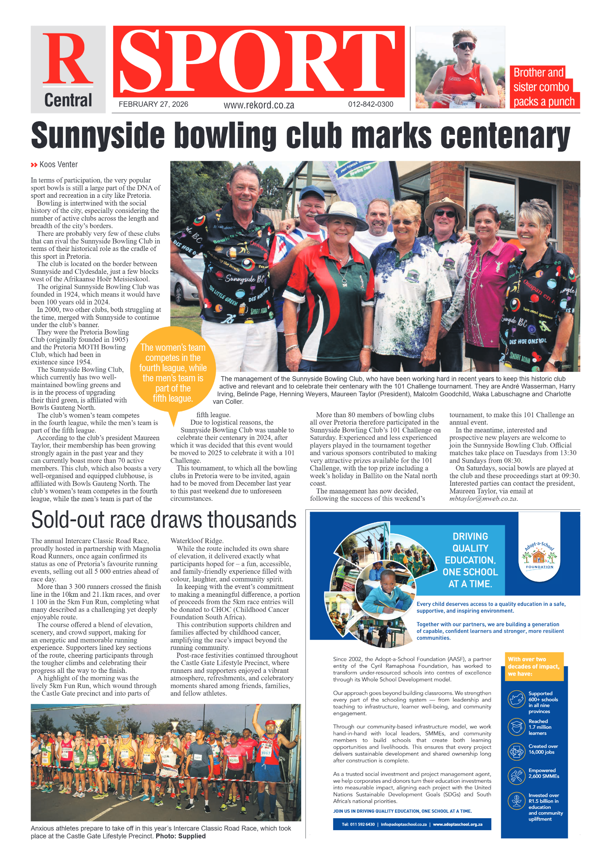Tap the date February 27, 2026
click(x=153, y=104)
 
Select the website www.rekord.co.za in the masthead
click(x=258, y=105)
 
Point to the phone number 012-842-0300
click(x=370, y=104)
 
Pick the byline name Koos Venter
click(x=58, y=164)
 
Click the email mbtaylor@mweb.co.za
click(x=483, y=498)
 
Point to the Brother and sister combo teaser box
click(x=543, y=87)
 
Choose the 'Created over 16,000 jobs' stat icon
click(x=517, y=751)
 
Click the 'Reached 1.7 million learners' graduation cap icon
click(x=517, y=727)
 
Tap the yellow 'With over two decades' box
click(x=533, y=666)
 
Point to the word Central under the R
click(x=68, y=100)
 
